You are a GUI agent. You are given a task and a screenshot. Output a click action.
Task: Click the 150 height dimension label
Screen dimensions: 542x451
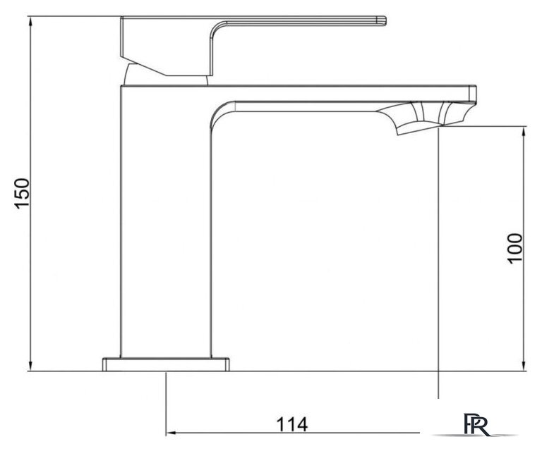pos(22,193)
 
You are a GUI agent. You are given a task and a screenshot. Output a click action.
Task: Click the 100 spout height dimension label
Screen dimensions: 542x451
pos(514,249)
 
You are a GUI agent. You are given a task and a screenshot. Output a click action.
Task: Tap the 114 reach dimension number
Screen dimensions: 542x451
pos(291,424)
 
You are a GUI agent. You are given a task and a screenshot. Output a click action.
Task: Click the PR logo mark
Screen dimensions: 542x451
pos(476,424)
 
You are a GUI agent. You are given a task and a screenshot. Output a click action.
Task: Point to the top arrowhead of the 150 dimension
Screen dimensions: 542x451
pos(31,21)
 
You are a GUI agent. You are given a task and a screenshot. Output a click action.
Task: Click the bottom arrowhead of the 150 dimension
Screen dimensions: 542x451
pos(31,366)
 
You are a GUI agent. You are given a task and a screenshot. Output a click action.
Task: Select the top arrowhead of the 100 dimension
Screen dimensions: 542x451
pos(524,132)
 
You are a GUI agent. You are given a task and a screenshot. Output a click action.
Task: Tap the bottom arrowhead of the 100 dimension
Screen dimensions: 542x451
pos(524,366)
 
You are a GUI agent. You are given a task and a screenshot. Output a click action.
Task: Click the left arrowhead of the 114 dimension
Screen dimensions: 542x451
pos(171,433)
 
